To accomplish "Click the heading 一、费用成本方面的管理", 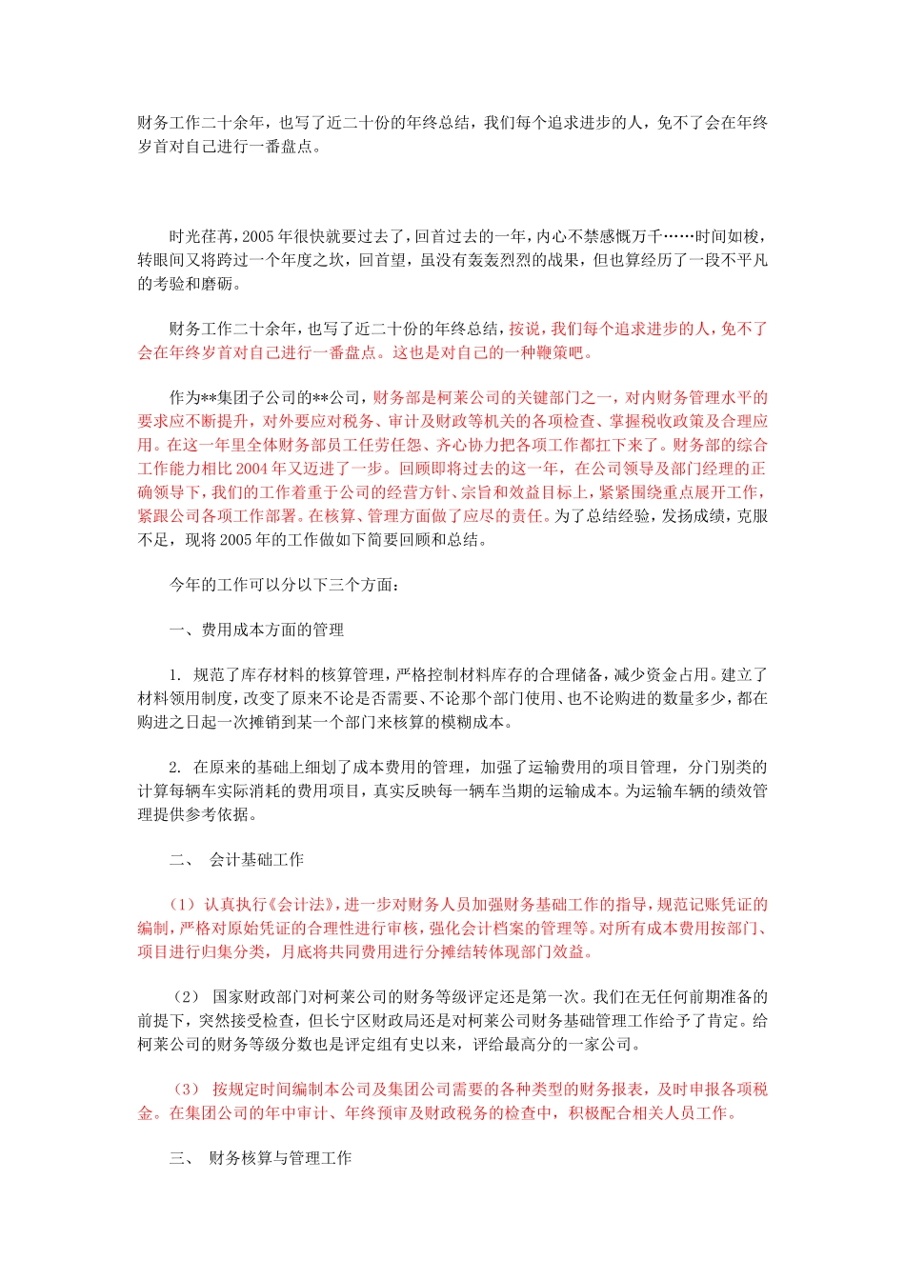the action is point(256,630).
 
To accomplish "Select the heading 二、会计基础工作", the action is point(237,859).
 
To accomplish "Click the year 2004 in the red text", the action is point(252,468).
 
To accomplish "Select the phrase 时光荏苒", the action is point(201,236).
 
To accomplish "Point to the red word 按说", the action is point(524,329).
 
